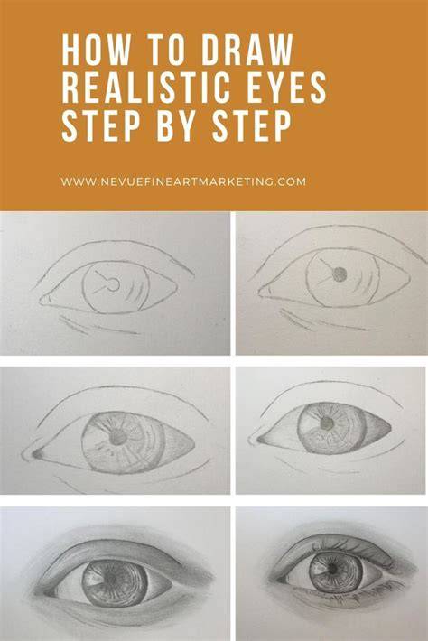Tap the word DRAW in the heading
[x=247, y=50]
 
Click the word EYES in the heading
[x=285, y=88]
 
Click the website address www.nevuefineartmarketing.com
[x=183, y=181]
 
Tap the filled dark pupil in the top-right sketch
[x=340, y=274]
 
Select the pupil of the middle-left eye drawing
[x=118, y=439]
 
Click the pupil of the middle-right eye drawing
[x=327, y=423]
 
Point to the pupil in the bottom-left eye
[x=111, y=577]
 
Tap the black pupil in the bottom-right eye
[x=333, y=569]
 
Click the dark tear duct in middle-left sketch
[x=37, y=454]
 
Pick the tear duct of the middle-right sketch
[x=261, y=440]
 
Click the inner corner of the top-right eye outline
[x=259, y=292]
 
